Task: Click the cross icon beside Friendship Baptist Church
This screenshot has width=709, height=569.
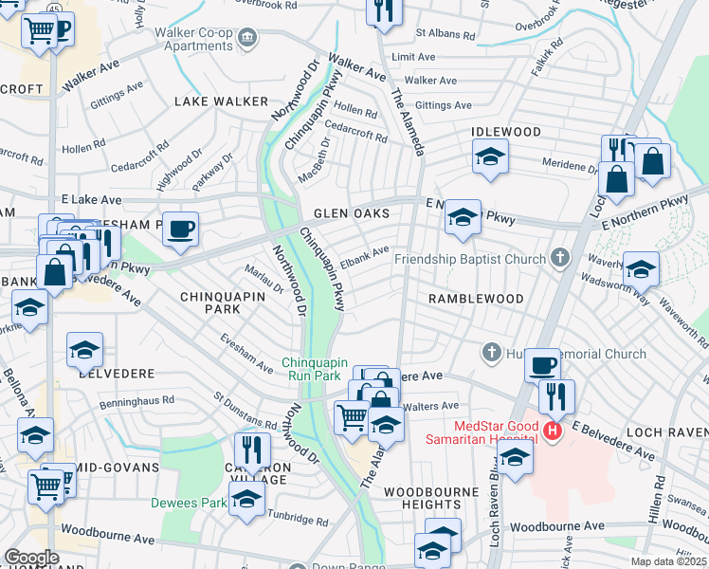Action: coord(560,258)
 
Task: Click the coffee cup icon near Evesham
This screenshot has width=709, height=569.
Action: coord(180,229)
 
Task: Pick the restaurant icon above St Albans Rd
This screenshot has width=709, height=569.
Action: coord(384,11)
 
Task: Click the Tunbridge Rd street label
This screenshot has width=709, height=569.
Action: coord(296,522)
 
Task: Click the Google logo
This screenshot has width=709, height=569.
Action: coord(30,558)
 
